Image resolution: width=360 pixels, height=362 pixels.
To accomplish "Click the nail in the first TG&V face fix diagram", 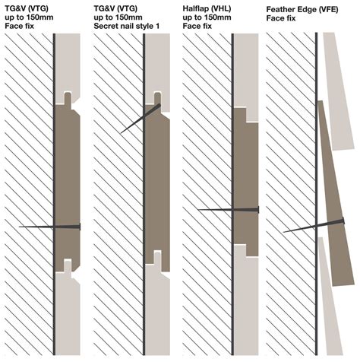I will pyautogui.click(x=49, y=227).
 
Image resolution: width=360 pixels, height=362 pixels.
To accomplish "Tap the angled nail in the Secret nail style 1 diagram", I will pyautogui.click(x=141, y=119).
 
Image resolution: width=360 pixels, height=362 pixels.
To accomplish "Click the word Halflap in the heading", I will pyautogui.click(x=200, y=7).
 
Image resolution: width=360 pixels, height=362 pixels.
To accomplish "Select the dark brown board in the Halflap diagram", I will pyautogui.click(x=245, y=175).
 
